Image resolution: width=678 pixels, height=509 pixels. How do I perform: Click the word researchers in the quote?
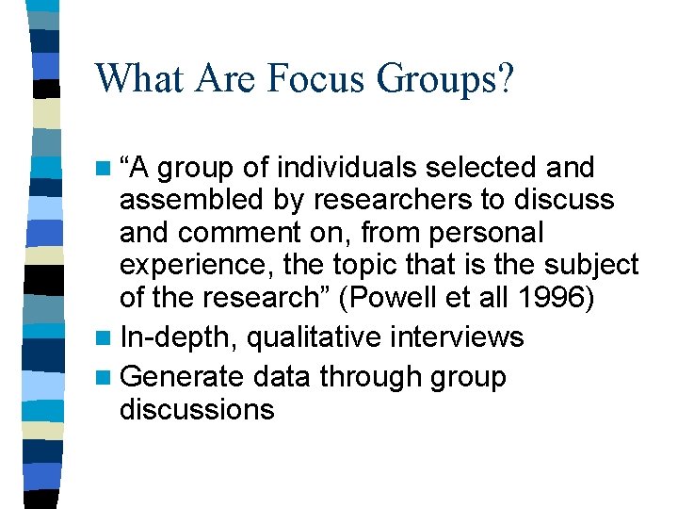pyautogui.click(x=361, y=200)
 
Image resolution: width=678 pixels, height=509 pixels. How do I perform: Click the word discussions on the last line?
pyautogui.click(x=197, y=409)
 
